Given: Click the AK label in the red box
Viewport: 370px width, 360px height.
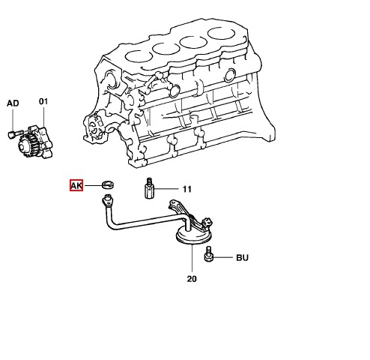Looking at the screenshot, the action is tap(76, 185).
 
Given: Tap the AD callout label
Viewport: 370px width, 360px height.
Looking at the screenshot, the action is tap(13, 103).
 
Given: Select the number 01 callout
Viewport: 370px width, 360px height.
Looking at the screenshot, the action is tap(43, 101).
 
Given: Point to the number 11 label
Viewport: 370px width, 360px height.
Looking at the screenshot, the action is tap(187, 189).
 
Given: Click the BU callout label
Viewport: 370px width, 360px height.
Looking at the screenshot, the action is tap(242, 257).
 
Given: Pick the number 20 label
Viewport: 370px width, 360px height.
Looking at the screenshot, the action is tap(192, 279).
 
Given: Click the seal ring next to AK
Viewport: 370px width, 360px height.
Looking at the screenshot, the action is tap(109, 184).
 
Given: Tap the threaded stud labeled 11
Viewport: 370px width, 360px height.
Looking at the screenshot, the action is tap(149, 188).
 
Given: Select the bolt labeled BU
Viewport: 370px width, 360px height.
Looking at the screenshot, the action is tap(208, 254).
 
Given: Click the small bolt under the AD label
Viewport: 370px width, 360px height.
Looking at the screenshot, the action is tap(16, 133).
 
